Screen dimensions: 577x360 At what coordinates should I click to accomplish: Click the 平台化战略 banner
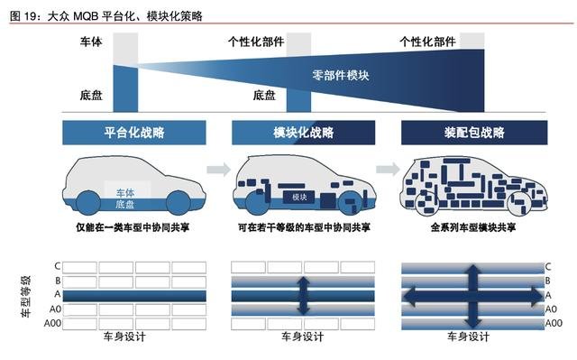(x=134, y=133)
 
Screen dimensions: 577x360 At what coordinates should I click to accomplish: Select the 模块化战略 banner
(x=303, y=133)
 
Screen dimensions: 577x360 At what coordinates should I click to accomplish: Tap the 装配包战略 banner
(x=474, y=133)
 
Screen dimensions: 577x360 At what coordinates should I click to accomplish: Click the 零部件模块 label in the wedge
(x=341, y=76)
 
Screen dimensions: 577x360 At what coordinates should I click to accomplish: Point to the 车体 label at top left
(x=91, y=42)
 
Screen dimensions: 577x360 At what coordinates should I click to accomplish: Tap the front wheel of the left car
(x=179, y=203)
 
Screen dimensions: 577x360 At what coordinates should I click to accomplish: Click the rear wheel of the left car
(x=88, y=203)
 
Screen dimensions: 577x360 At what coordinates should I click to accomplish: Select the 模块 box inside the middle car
(x=298, y=198)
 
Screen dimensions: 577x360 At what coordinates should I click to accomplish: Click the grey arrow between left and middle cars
(x=218, y=170)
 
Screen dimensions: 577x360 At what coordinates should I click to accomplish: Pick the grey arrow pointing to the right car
(x=388, y=170)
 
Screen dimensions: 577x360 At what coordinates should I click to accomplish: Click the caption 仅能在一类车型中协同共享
(x=133, y=227)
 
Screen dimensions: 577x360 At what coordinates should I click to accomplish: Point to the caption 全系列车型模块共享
(x=473, y=227)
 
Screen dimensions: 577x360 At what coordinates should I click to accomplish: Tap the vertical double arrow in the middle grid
(x=303, y=296)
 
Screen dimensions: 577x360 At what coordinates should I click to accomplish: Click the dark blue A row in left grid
(x=134, y=296)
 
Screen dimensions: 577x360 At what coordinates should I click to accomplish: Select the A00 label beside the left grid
(x=52, y=323)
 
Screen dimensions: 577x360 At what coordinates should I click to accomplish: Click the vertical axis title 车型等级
(x=25, y=296)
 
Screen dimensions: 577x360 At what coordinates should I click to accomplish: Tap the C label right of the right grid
(x=548, y=267)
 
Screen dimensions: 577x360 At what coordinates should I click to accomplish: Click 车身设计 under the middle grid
(x=303, y=337)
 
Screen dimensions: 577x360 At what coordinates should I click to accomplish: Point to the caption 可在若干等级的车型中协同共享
(x=304, y=227)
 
